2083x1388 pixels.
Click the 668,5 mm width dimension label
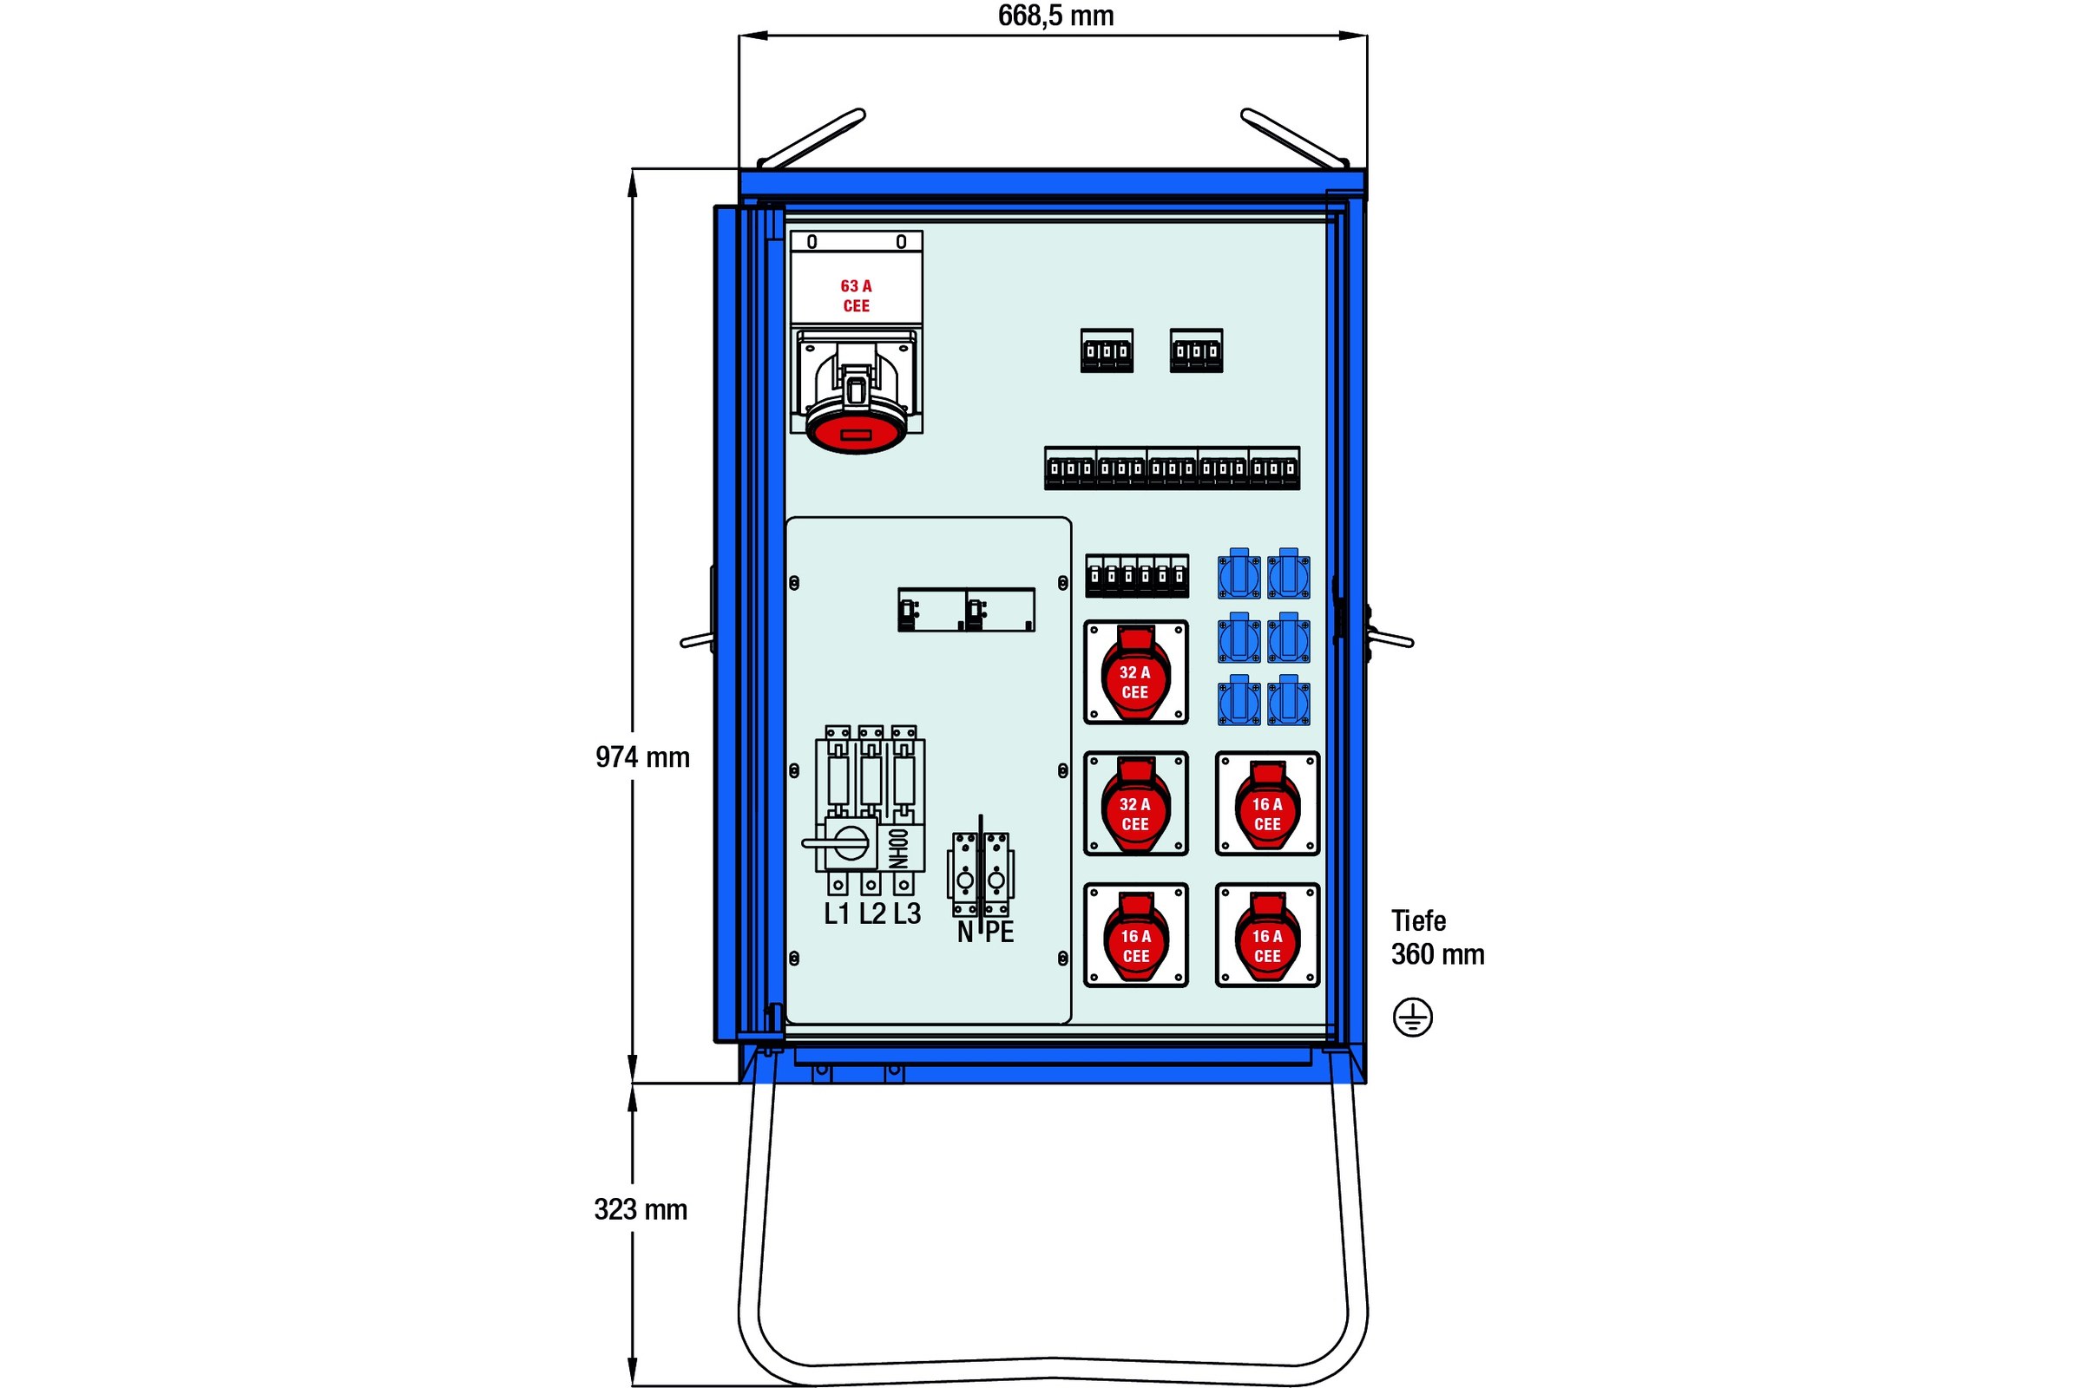click(x=1055, y=16)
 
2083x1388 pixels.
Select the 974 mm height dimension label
click(x=642, y=757)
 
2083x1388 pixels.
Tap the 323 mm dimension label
click(x=641, y=1209)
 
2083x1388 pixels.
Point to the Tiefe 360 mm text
click(x=1436, y=939)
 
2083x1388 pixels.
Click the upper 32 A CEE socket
click(x=1135, y=673)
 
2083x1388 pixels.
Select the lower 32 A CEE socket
click(x=1135, y=805)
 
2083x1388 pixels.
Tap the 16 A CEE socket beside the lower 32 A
click(x=1267, y=805)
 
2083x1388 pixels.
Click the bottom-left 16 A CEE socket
click(x=1135, y=937)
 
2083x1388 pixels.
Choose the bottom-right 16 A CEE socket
click(x=1267, y=937)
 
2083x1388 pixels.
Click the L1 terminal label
click(x=837, y=913)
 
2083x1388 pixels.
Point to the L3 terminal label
click(x=907, y=913)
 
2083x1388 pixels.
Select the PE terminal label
click(x=999, y=932)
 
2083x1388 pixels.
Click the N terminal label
click(x=964, y=932)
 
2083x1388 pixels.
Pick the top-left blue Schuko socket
click(x=1239, y=574)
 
